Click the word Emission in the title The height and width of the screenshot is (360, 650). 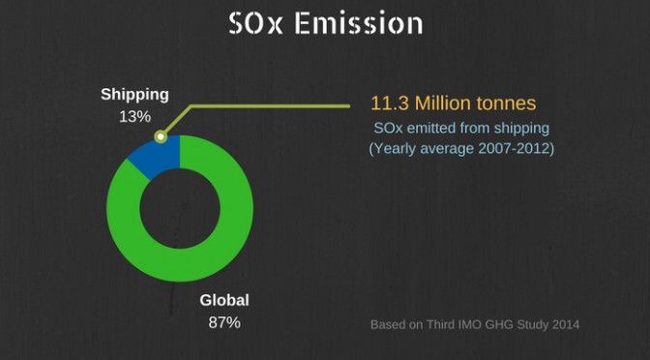359,23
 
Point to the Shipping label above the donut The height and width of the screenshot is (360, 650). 134,95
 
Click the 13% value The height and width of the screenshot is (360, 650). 134,117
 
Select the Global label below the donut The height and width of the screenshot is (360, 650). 224,300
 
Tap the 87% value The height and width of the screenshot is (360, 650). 224,322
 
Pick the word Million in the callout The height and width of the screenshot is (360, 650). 445,104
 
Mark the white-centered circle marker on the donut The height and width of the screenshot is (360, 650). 161,136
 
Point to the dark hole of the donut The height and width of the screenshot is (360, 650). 180,209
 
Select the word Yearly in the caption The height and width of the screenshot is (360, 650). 392,149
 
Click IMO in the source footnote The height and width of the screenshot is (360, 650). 470,324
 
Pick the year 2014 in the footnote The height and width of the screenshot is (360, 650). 566,324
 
